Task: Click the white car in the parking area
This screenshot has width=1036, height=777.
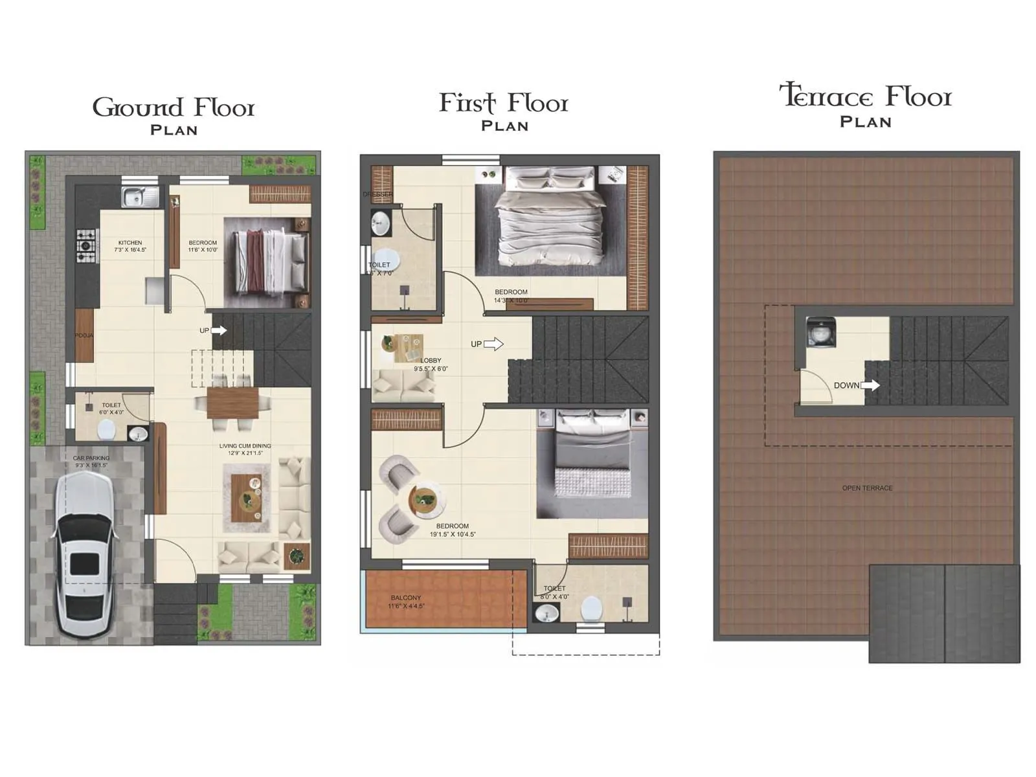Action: [85, 554]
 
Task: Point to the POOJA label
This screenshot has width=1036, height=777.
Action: [84, 335]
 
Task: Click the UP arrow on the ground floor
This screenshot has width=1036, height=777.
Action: [219, 330]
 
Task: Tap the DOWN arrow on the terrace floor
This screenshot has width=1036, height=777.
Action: [870, 385]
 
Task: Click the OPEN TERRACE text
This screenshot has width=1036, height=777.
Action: [867, 488]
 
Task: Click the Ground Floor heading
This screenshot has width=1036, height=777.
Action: [174, 107]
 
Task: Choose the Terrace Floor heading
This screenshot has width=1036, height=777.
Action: [866, 97]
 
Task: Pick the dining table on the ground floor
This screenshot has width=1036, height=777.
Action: [232, 403]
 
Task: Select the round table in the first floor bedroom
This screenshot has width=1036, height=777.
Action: [426, 501]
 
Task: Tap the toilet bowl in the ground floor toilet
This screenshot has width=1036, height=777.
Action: [106, 429]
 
